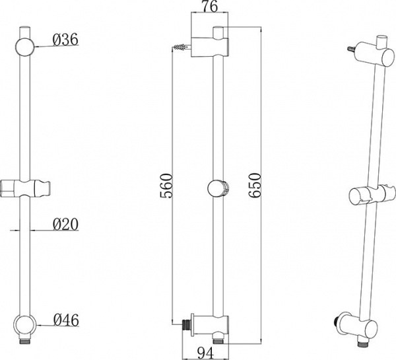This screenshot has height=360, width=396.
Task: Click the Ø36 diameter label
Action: (x=65, y=40)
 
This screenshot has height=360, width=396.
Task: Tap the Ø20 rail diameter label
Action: (x=65, y=224)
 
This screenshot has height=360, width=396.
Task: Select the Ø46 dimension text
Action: (x=66, y=320)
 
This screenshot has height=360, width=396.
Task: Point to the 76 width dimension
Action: (x=210, y=7)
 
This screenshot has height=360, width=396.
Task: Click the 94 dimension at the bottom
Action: (x=205, y=353)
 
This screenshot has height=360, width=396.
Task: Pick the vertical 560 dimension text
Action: (x=166, y=186)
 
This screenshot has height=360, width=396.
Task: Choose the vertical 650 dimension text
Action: (x=254, y=186)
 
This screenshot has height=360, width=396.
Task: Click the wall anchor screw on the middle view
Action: (x=182, y=47)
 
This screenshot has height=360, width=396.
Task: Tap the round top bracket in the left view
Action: (x=25, y=47)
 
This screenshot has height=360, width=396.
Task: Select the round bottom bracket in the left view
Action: (x=25, y=325)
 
